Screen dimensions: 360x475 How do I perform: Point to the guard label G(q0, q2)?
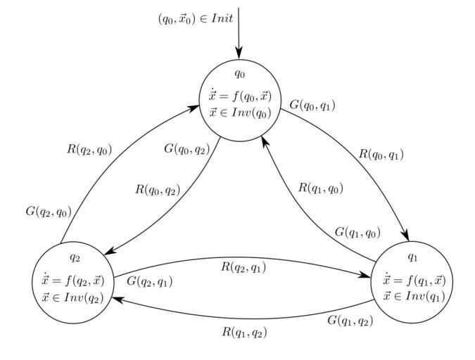coord(187,148)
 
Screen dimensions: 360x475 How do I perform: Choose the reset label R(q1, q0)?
coord(321,188)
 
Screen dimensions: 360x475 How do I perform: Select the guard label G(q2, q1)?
coord(149,281)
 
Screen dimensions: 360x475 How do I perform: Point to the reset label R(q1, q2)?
coord(245,332)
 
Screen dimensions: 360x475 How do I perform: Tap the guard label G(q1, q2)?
coord(350,321)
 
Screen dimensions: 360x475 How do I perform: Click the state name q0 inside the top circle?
coord(239,73)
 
